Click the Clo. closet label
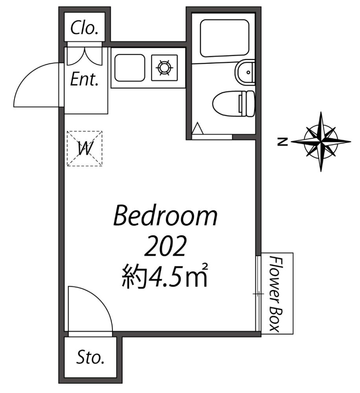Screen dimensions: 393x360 84,29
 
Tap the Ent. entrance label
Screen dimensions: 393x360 84,80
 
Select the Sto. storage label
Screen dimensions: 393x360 90,358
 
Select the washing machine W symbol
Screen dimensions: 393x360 84,149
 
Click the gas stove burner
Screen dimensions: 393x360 164,68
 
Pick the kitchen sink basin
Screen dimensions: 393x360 129,68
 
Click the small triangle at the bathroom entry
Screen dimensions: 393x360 197,128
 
